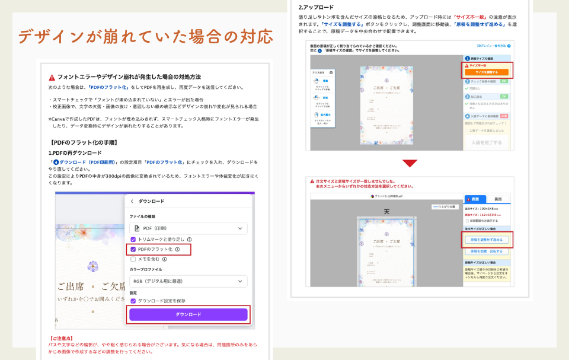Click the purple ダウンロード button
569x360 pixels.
(188, 314)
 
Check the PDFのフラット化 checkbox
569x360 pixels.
(133, 249)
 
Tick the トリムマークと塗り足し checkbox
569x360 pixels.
(133, 239)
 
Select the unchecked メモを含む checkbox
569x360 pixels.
(133, 259)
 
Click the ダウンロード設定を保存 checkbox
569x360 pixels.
(133, 301)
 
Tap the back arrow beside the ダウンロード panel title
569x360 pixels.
(132, 202)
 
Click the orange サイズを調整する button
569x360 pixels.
(488, 72)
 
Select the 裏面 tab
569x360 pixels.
(498, 199)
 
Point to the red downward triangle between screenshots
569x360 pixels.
(410, 163)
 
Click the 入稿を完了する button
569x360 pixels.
(487, 142)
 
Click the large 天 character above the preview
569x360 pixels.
(386, 212)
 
